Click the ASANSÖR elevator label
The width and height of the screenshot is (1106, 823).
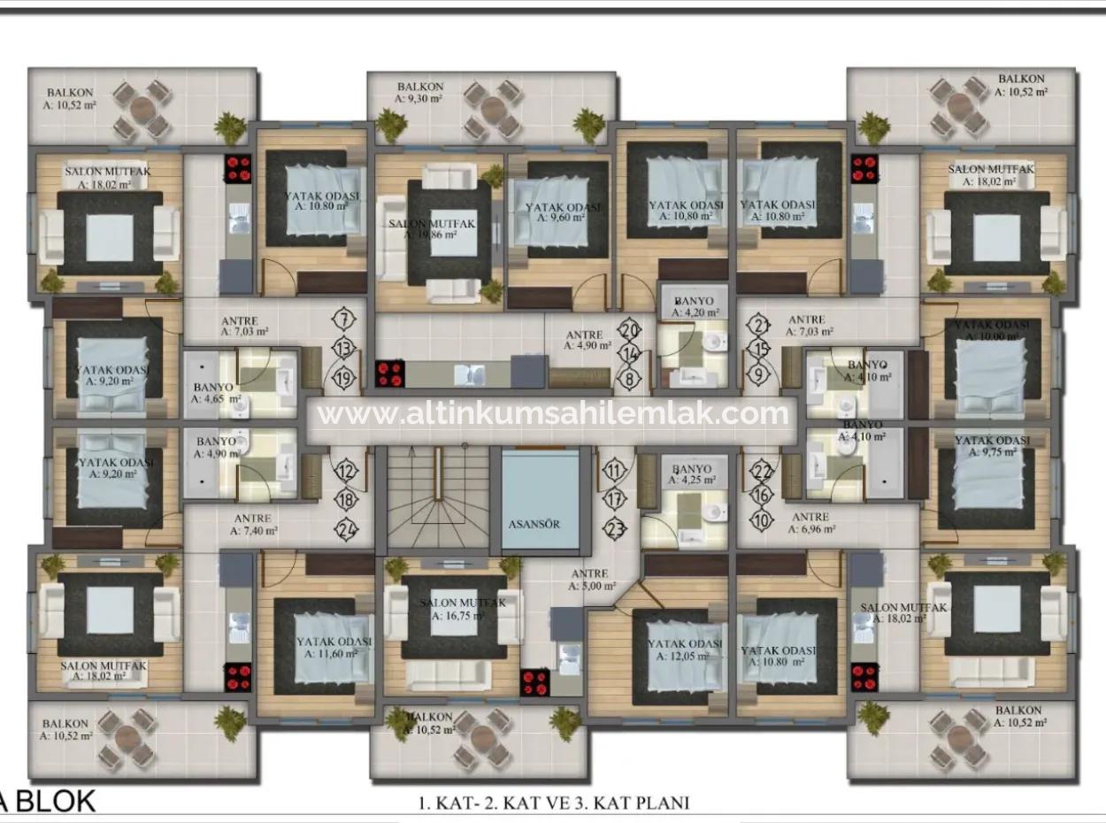[x=534, y=523]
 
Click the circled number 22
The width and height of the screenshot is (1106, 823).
[x=762, y=473]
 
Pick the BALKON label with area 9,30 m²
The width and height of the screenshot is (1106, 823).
[x=420, y=93]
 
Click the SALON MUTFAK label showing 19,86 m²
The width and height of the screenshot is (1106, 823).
[x=434, y=228]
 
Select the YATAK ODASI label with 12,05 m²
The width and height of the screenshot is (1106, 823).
[x=685, y=649]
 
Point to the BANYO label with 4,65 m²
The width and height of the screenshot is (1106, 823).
[x=217, y=393]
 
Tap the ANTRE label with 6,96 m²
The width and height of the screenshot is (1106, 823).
[x=810, y=523]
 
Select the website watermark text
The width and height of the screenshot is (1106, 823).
[x=552, y=413]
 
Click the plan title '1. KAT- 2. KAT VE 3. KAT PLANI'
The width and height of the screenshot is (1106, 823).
[x=553, y=803]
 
